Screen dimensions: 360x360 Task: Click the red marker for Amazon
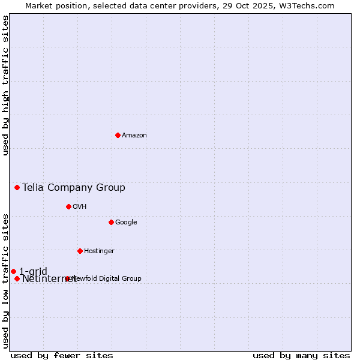[x=118, y=135]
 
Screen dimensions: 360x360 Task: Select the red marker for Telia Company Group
[x=17, y=188]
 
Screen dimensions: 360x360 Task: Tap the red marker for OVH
[x=68, y=206]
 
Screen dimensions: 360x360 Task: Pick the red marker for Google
[x=111, y=222]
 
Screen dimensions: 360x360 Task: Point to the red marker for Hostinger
[x=80, y=251]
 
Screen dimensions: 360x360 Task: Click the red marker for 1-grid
[x=13, y=271]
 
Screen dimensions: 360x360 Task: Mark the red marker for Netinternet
[x=17, y=278]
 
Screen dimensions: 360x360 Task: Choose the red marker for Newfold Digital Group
[x=67, y=278]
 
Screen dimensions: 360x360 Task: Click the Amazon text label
[x=134, y=136]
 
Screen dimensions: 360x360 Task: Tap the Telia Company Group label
[x=74, y=188]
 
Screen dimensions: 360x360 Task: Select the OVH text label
[x=80, y=207]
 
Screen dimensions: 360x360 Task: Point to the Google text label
[x=126, y=223]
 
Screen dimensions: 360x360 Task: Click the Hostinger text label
[x=99, y=251]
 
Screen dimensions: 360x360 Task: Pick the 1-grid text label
[x=33, y=271]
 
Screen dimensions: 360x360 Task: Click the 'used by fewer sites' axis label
[x=62, y=355]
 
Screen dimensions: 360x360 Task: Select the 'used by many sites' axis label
[x=301, y=355]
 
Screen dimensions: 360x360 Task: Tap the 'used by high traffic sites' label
[x=5, y=85]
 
